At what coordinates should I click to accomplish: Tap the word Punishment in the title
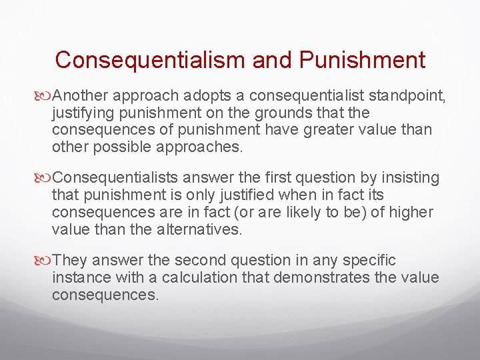click(362, 60)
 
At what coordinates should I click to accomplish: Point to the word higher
click(411, 212)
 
